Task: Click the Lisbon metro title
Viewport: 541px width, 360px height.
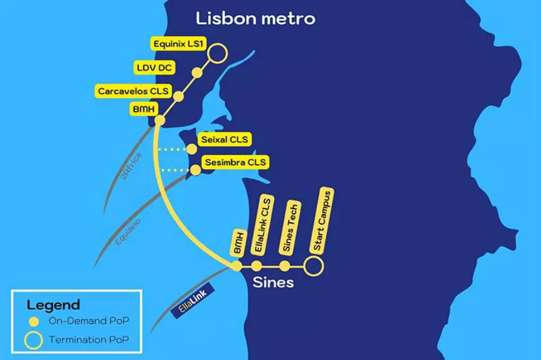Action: coord(256,19)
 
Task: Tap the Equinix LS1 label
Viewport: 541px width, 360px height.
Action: coord(178,44)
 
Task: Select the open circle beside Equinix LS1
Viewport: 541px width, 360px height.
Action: coord(218,53)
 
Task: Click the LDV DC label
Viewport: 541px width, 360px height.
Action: coord(154,68)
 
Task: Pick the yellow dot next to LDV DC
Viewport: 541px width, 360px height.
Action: coord(197,72)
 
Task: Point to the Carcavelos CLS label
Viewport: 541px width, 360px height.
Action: coord(133,91)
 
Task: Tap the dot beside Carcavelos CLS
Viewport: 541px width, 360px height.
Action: coord(178,96)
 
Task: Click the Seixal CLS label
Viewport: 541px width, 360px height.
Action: coord(225,140)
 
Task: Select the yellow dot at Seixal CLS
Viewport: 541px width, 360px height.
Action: coord(192,149)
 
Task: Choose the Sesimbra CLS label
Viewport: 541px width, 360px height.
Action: coord(235,162)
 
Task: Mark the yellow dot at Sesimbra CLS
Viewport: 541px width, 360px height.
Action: coord(196,170)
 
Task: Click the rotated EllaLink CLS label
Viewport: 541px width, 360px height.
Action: coord(262,225)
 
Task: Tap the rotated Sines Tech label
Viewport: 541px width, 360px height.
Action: coord(290,228)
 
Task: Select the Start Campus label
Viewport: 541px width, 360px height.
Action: coord(322,220)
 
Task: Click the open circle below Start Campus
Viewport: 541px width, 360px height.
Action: coord(313,266)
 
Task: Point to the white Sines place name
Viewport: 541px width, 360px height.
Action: coord(273,283)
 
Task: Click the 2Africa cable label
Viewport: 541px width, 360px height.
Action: coord(131,166)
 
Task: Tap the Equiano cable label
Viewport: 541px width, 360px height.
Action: coord(128,232)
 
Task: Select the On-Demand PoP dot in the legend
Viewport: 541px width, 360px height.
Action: coord(34,322)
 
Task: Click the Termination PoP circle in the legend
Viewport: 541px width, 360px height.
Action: coord(33,340)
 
